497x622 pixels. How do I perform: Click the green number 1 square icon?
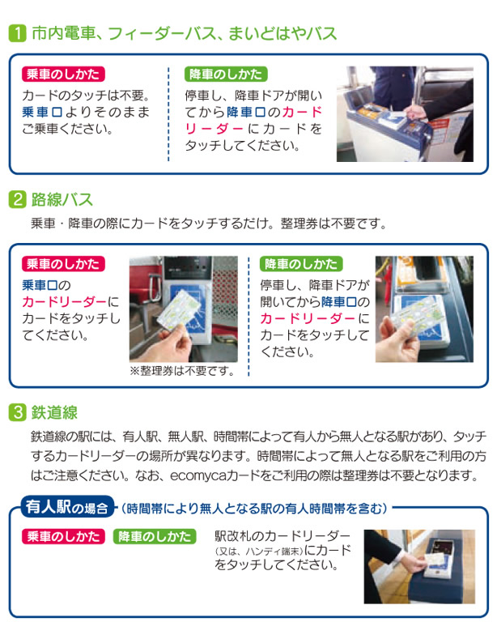point(17,34)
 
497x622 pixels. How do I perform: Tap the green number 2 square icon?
point(17,198)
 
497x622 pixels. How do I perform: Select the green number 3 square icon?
point(17,412)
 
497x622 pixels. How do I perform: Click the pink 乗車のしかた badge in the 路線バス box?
point(62,265)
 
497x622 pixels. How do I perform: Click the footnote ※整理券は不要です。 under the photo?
point(181,372)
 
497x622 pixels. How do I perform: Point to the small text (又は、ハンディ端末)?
point(258,552)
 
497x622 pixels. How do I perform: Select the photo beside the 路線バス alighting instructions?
point(423,309)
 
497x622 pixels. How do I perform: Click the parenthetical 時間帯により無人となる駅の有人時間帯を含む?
point(254,509)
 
